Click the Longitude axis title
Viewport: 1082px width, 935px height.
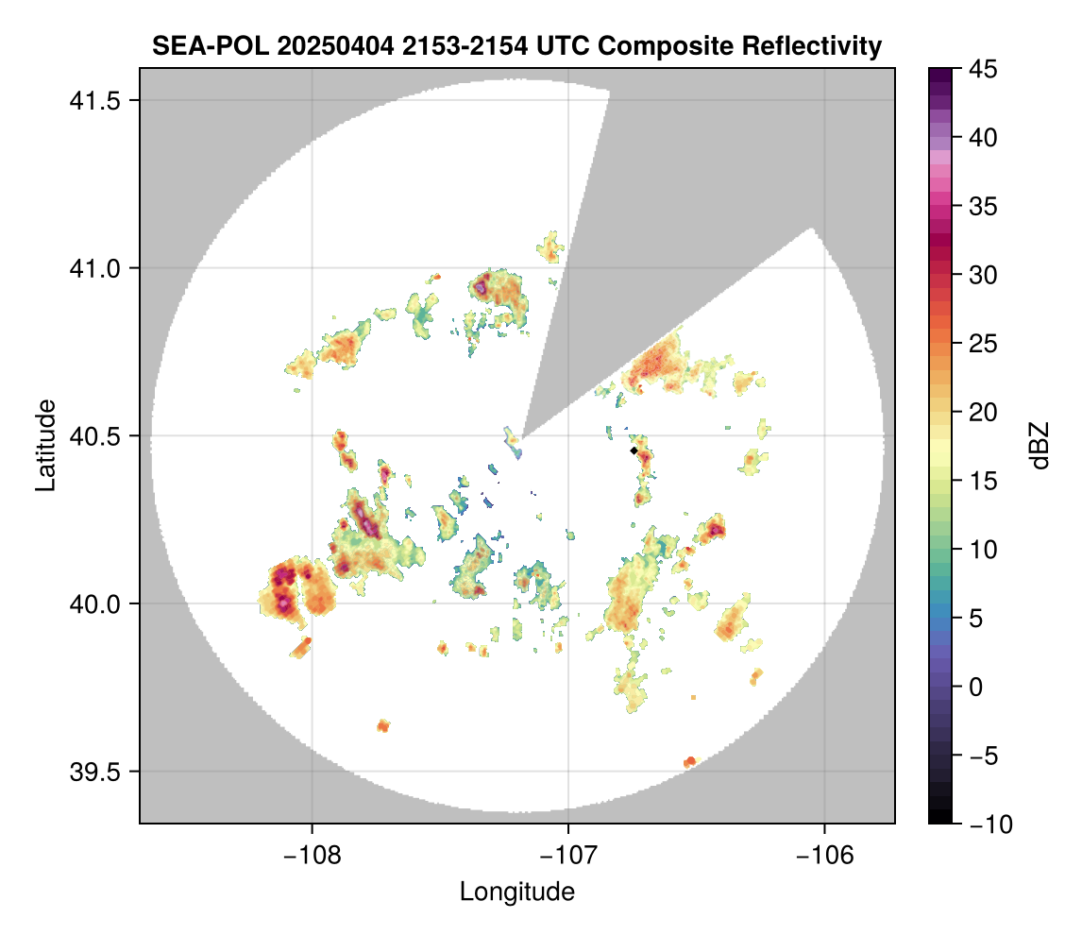click(x=516, y=892)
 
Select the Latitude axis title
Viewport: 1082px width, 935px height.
click(x=44, y=445)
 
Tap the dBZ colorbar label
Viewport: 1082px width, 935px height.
click(x=1040, y=446)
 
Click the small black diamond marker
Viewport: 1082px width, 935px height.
click(x=634, y=451)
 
